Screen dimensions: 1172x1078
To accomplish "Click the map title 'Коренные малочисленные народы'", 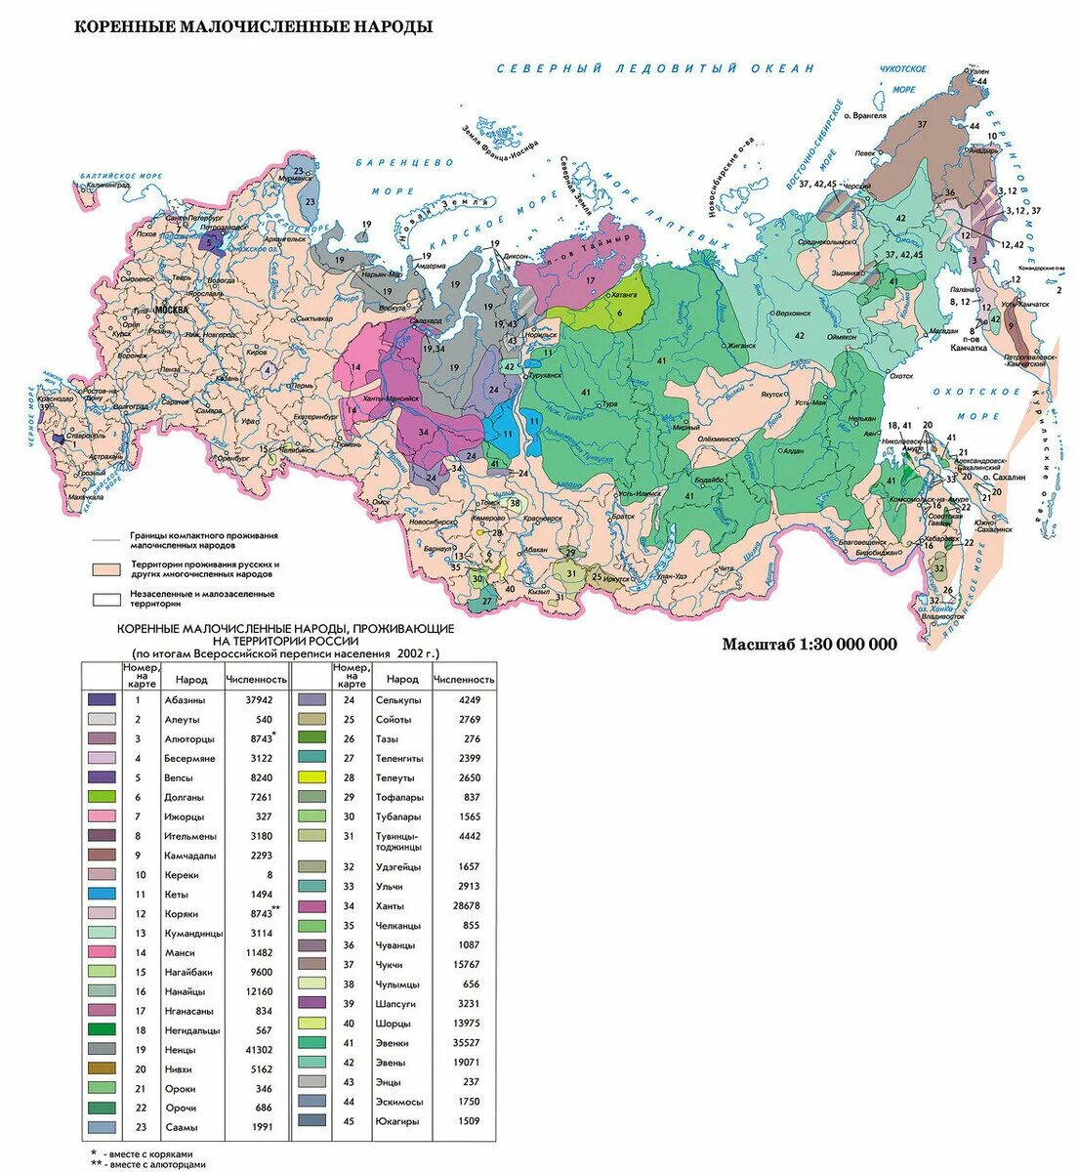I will (x=254, y=26).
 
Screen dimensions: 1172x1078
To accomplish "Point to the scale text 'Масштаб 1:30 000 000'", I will (x=808, y=644).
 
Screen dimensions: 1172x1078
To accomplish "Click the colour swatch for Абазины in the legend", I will (x=102, y=699).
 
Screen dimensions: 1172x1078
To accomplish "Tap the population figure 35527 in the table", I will (x=469, y=1043).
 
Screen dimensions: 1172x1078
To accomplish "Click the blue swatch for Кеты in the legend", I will (x=102, y=894).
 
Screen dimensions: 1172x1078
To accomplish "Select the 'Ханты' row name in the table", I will (x=390, y=906).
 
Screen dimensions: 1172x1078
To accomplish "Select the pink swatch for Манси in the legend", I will (x=102, y=952).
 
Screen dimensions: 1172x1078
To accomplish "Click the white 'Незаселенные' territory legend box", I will (x=103, y=599).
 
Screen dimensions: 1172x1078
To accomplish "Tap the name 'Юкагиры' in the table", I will (x=397, y=1121).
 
